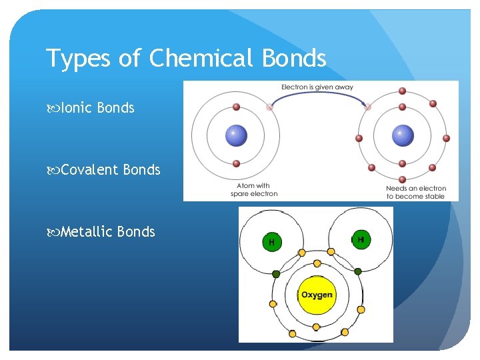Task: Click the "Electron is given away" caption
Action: click(x=317, y=87)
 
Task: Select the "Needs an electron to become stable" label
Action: click(x=415, y=192)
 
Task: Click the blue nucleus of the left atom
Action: click(x=235, y=135)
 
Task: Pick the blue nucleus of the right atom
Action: click(x=402, y=135)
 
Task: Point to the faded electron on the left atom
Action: click(x=269, y=107)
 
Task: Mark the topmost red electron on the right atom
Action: click(x=402, y=91)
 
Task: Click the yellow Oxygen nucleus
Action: click(x=316, y=295)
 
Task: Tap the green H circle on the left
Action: click(x=271, y=241)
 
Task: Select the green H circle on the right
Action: click(x=361, y=239)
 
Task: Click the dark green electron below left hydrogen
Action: click(x=276, y=273)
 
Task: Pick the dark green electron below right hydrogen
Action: click(x=358, y=271)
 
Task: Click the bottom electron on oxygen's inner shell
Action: click(x=316, y=327)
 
